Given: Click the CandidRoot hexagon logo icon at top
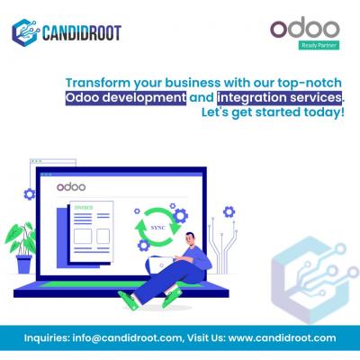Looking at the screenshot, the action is point(26,32).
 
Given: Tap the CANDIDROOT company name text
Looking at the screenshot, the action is point(82,32).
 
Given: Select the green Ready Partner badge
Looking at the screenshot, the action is point(319,45).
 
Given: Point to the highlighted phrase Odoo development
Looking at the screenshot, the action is point(126,98).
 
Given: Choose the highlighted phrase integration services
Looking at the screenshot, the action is point(279,98).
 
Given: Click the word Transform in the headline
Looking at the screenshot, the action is point(98,83).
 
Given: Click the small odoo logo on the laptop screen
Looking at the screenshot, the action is point(71,187).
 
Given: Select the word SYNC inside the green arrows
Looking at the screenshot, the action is point(157,228).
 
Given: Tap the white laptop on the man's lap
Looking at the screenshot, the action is point(159,265).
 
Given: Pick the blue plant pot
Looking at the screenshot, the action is point(24,264).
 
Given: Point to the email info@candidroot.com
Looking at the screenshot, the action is point(127,338).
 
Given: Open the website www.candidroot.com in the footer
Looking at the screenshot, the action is point(282,338).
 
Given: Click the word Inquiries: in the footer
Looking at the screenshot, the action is point(47,338).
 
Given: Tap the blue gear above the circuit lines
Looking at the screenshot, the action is point(229,212).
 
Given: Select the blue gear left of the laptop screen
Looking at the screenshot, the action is point(30,194).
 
